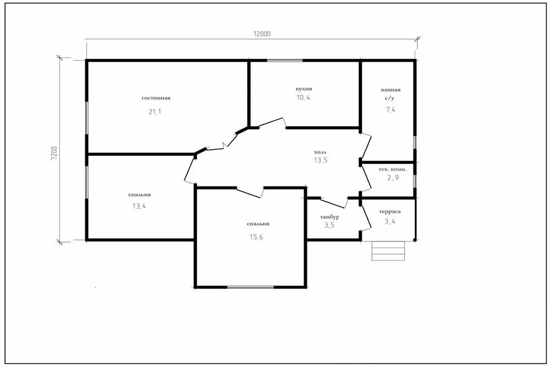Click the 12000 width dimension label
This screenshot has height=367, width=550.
[262, 34]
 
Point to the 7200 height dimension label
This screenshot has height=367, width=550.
[54, 154]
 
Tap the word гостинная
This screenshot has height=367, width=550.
[156, 98]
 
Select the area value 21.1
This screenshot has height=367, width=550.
[155, 112]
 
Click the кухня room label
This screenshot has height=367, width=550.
[304, 89]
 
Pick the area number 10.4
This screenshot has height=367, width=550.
[304, 97]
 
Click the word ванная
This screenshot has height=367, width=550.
[391, 90]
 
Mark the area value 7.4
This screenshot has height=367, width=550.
[391, 110]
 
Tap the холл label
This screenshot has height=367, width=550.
[320, 152]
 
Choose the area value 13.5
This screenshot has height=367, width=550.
[321, 160]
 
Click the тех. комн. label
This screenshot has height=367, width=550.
[393, 169]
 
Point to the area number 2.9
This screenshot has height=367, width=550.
[393, 178]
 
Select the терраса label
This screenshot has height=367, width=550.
[390, 212]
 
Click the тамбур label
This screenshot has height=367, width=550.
[329, 217]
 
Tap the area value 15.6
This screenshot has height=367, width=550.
[256, 237]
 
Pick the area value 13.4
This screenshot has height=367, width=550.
[139, 206]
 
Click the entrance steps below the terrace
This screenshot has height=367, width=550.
[388, 250]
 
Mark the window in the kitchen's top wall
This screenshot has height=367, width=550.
[285, 61]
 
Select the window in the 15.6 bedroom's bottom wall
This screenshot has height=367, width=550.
[250, 287]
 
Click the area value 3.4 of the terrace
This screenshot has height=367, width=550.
[390, 221]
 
